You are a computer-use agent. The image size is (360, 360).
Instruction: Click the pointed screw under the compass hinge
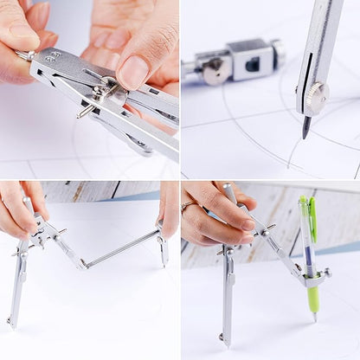(x=85, y=111)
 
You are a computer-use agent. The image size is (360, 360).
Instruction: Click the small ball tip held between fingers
(x=23, y=56)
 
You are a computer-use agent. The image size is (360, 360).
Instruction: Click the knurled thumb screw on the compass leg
(x=315, y=96)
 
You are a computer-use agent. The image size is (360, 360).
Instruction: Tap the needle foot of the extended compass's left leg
(x=10, y=322)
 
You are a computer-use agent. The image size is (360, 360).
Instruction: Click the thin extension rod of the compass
(x=121, y=249)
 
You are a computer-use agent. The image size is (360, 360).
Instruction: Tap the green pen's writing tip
(x=315, y=318)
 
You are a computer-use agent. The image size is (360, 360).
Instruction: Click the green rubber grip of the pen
(x=313, y=299)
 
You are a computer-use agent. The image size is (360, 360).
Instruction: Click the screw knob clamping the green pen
(x=326, y=273)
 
